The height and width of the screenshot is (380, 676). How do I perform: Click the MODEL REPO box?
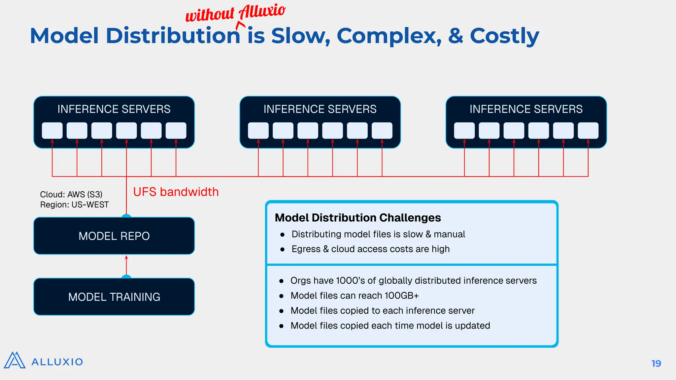[x=114, y=236]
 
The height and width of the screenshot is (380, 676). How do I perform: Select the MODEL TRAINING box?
[x=114, y=297]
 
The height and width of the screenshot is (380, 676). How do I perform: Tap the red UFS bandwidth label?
[x=176, y=192]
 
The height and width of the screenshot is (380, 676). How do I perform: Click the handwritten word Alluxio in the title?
[x=262, y=11]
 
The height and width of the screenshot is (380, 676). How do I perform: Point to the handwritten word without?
[x=210, y=15]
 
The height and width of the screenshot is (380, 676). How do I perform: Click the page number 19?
[x=656, y=364]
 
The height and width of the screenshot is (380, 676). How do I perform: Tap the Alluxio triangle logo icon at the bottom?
[x=15, y=361]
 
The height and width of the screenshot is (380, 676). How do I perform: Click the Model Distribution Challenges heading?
[x=357, y=218]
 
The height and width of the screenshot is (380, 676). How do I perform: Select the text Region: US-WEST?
[x=74, y=205]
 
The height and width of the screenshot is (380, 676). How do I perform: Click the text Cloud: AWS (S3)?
[x=71, y=194]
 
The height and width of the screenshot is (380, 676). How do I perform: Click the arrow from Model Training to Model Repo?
[x=126, y=266]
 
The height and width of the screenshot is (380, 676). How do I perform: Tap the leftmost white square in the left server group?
[x=52, y=131]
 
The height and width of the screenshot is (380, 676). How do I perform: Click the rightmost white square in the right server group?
[x=588, y=131]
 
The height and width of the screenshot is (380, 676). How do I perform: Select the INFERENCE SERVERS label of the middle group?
[x=320, y=109]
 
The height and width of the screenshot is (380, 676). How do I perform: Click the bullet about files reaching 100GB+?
[x=355, y=296]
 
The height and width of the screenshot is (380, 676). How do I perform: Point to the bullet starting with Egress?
[x=370, y=249]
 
